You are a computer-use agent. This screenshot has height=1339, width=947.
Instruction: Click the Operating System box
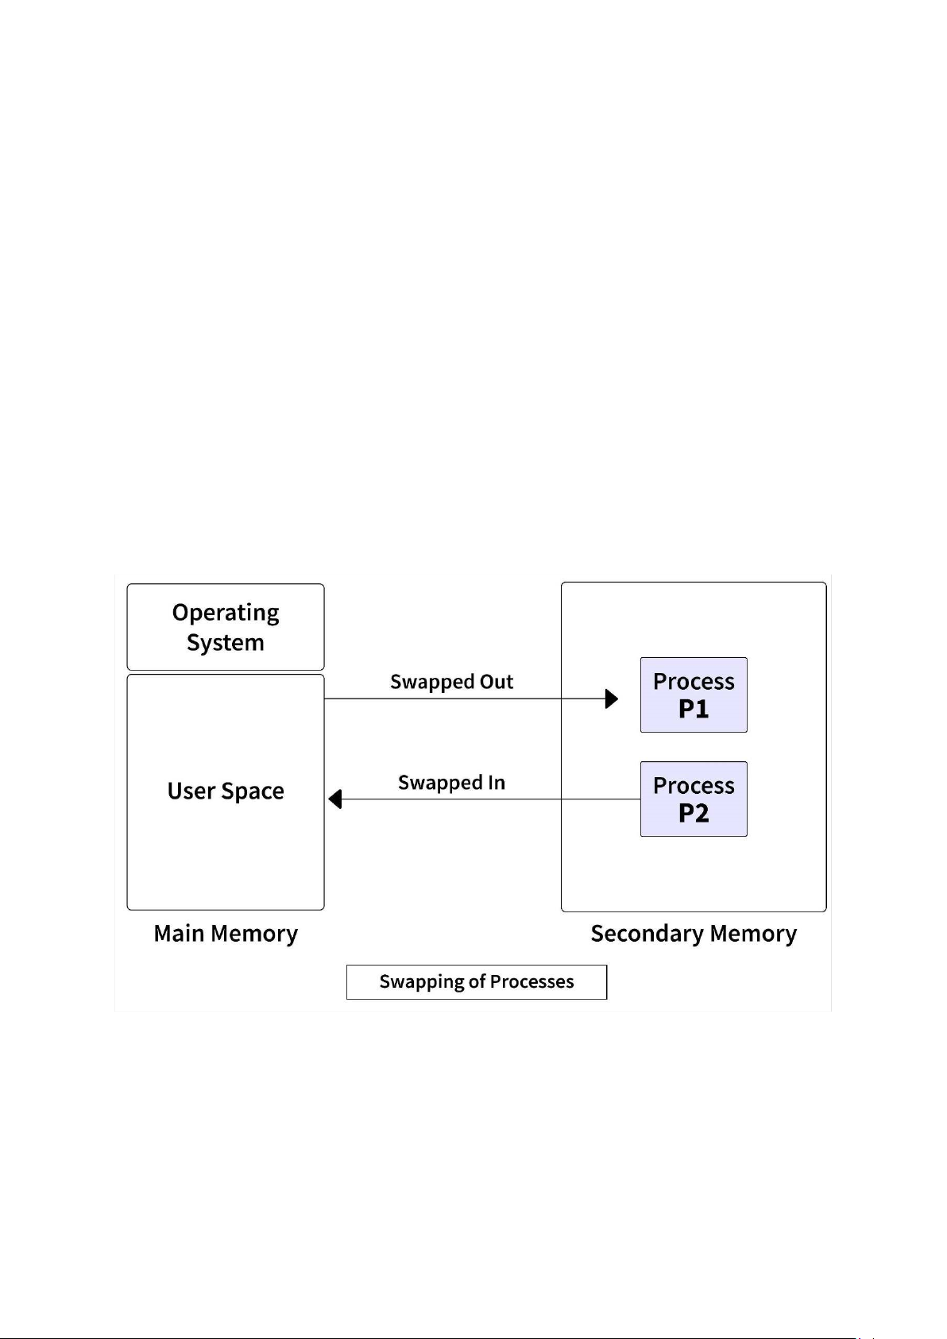tap(226, 627)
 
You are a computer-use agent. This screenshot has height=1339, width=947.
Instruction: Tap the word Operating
tap(226, 613)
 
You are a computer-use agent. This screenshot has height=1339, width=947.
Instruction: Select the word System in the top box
tap(226, 642)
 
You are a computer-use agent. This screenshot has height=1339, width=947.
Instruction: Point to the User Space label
tap(226, 791)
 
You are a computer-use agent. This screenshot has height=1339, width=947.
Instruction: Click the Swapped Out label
tap(451, 682)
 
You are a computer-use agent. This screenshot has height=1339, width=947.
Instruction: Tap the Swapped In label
tap(451, 783)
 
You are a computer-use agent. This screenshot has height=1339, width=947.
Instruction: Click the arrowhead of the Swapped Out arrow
tap(612, 699)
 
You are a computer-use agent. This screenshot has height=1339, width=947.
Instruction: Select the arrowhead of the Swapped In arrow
tap(335, 799)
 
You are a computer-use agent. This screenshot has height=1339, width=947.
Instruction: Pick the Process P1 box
tap(694, 695)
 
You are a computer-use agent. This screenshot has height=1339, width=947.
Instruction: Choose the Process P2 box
tap(694, 799)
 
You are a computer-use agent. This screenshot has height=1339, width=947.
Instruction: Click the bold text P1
tap(694, 709)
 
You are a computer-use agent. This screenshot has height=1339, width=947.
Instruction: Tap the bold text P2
tap(694, 813)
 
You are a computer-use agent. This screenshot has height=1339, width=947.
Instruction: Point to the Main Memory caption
tap(226, 933)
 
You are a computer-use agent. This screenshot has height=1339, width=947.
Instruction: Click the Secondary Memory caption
tap(694, 933)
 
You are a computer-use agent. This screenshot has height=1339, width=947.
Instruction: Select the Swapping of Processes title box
tap(477, 981)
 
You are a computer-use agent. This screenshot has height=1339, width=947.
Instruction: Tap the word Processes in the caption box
tap(531, 981)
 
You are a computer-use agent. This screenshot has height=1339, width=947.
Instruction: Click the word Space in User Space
tap(253, 791)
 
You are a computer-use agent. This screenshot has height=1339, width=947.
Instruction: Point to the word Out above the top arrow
tap(497, 682)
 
